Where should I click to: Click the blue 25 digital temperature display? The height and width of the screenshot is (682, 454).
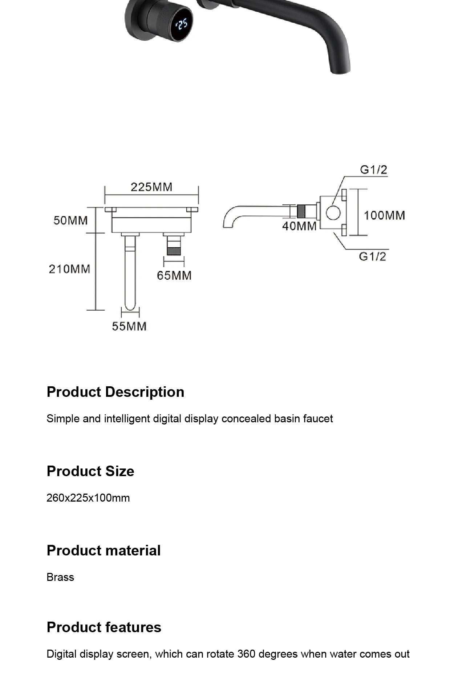pyautogui.click(x=182, y=24)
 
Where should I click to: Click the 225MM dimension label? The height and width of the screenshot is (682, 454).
pyautogui.click(x=151, y=187)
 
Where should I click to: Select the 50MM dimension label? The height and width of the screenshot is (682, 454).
pyautogui.click(x=70, y=220)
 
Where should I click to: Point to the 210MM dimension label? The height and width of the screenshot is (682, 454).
pyautogui.click(x=69, y=269)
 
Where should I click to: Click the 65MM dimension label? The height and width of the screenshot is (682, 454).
pyautogui.click(x=174, y=275)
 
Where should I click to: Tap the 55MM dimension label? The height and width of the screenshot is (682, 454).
pyautogui.click(x=129, y=326)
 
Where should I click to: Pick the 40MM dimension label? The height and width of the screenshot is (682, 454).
pyautogui.click(x=299, y=226)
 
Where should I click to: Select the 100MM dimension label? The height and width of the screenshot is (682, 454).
pyautogui.click(x=384, y=215)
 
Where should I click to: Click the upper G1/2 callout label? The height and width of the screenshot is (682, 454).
pyautogui.click(x=373, y=169)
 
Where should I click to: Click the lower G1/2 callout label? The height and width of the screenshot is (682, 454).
pyautogui.click(x=372, y=256)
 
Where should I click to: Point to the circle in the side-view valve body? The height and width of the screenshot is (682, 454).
pyautogui.click(x=333, y=213)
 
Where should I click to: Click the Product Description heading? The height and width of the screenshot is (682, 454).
pyautogui.click(x=115, y=392)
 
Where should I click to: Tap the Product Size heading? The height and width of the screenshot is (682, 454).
pyautogui.click(x=90, y=471)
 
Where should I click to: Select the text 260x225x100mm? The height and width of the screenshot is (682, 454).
pyautogui.click(x=88, y=498)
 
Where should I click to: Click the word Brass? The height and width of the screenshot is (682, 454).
pyautogui.click(x=60, y=577)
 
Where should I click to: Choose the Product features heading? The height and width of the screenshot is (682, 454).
pyautogui.click(x=104, y=627)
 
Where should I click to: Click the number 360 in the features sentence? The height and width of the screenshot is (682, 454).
pyautogui.click(x=246, y=654)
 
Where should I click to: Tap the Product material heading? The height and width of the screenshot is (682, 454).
pyautogui.click(x=104, y=550)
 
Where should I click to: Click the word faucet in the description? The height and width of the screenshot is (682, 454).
pyautogui.click(x=318, y=419)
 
